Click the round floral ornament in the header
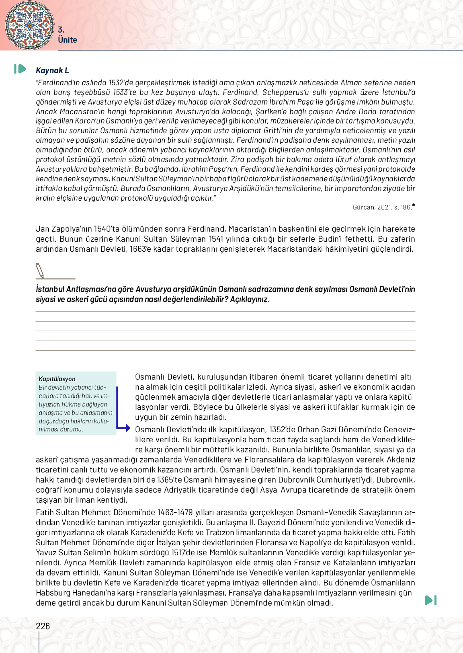[x=29, y=25]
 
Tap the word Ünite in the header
[x=67, y=40]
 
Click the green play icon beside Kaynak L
[x=20, y=69]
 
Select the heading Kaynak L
[x=52, y=70]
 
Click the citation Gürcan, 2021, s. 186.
[x=382, y=207]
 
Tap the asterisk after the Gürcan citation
[x=414, y=206]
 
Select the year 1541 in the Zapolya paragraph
[x=216, y=239]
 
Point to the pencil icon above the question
[x=40, y=270]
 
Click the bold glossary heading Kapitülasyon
[x=57, y=379]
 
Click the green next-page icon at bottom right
[x=430, y=600]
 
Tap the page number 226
[x=43, y=626]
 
